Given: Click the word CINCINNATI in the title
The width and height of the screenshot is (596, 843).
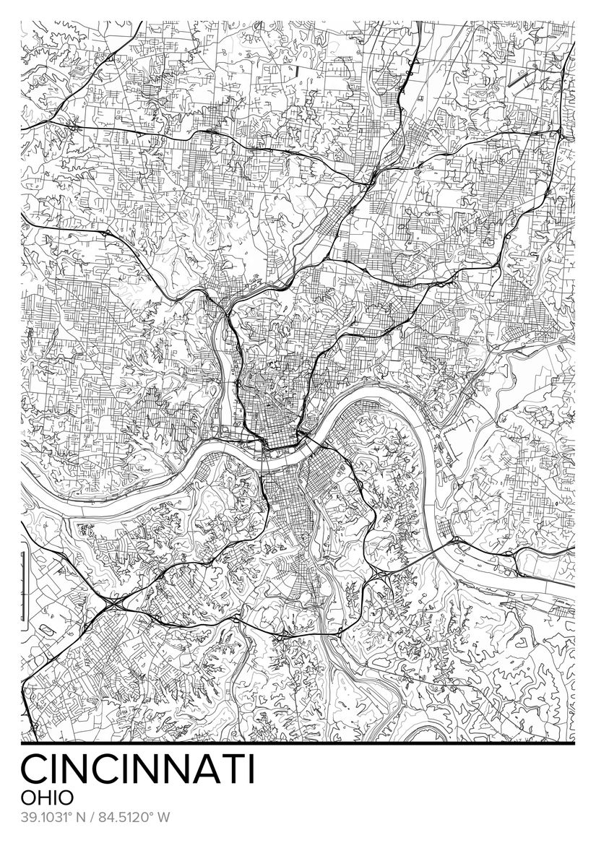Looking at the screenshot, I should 137,769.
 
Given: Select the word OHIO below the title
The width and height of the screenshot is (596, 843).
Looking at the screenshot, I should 47,797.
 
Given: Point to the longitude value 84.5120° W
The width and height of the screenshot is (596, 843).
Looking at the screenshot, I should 134,818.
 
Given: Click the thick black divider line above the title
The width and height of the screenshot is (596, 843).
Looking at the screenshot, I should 298,743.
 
